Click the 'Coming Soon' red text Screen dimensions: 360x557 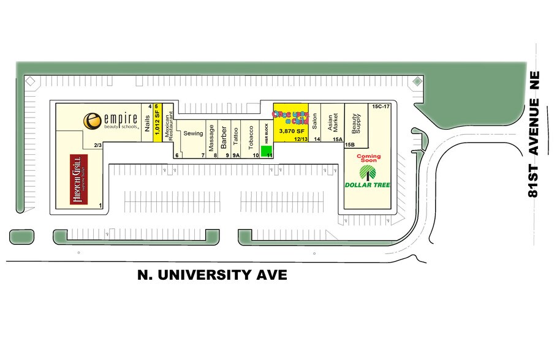[x=368, y=159]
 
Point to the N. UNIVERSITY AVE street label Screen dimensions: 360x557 [x=211, y=275]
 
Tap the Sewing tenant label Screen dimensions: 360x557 [x=193, y=133]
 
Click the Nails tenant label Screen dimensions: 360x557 [x=147, y=124]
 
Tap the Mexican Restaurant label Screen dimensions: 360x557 [x=169, y=122]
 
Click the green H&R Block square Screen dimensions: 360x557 [x=267, y=151]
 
